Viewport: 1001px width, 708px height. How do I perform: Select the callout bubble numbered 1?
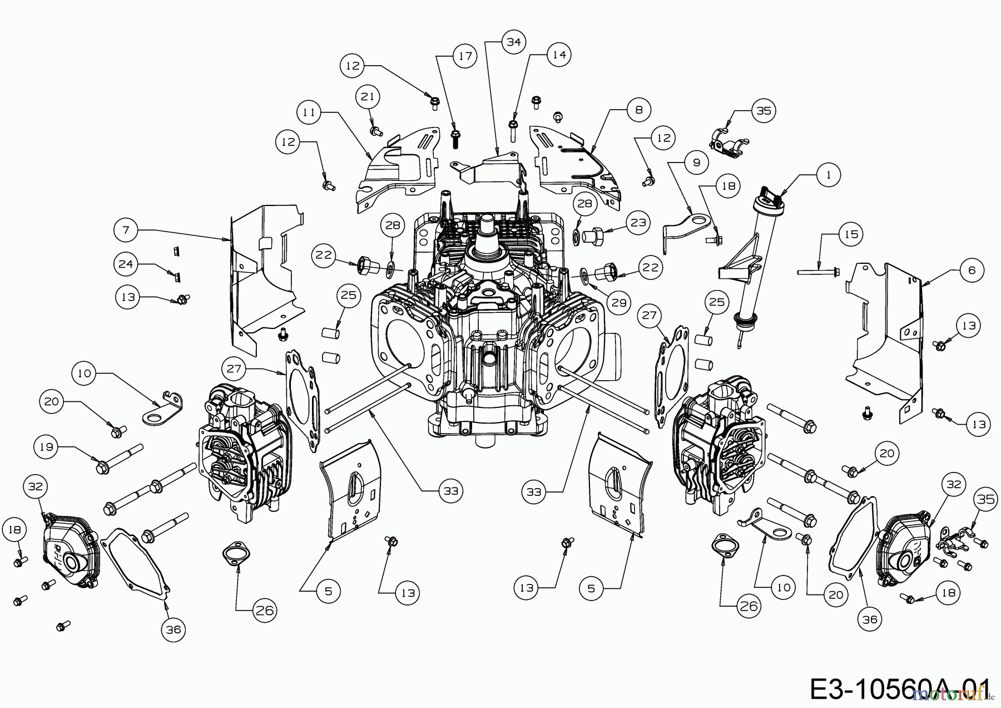[829, 175]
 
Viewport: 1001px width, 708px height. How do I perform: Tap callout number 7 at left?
[126, 229]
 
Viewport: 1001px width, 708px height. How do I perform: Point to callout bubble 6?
[972, 271]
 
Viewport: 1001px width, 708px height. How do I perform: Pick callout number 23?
[638, 223]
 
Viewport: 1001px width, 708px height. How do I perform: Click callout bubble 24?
[126, 263]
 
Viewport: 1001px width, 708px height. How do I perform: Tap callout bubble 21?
[367, 96]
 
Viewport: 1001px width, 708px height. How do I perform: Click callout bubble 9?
[696, 163]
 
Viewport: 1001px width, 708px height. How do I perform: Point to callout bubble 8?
[638, 110]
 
